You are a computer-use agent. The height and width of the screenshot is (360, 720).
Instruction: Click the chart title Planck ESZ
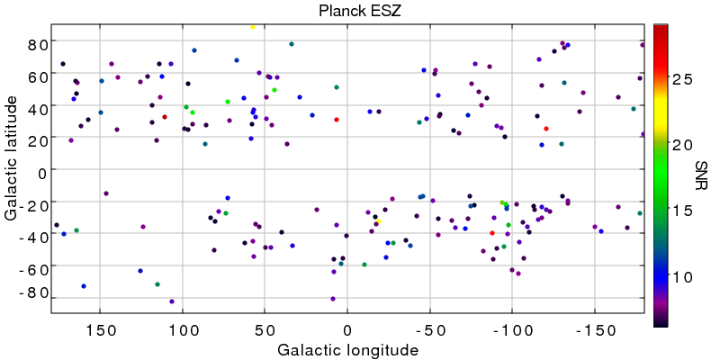tap(347, 12)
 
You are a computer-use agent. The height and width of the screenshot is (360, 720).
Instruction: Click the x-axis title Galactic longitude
tap(347, 349)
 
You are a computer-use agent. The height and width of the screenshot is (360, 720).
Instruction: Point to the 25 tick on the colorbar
tap(682, 79)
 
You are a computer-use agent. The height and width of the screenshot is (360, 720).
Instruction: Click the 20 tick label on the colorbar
tap(682, 145)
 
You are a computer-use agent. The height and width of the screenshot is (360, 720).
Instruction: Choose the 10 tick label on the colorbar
tap(682, 277)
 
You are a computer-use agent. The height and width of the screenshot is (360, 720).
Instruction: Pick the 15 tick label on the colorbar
tap(682, 211)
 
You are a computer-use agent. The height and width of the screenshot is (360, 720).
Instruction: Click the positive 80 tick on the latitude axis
tap(37, 43)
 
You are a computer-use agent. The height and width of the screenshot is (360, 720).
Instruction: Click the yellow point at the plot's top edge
tap(253, 27)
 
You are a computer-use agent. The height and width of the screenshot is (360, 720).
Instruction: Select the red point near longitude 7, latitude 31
tap(337, 120)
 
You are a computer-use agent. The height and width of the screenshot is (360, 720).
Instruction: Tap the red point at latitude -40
tap(492, 233)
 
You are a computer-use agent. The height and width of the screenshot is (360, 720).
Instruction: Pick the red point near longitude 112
tap(165, 117)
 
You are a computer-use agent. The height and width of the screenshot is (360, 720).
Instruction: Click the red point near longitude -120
tap(546, 129)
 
